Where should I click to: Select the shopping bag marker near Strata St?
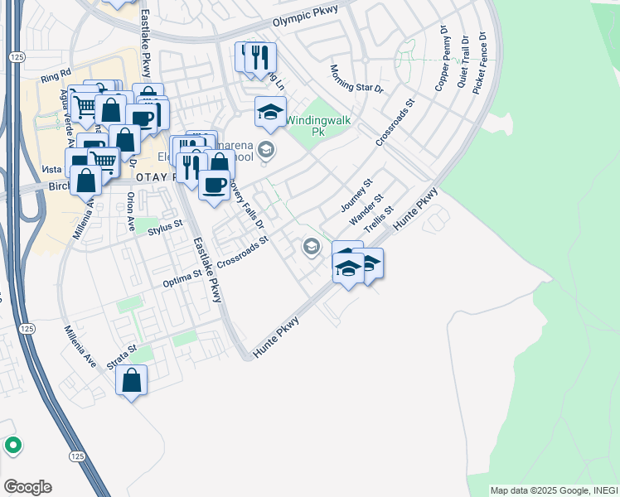132,381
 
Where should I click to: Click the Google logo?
27,487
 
